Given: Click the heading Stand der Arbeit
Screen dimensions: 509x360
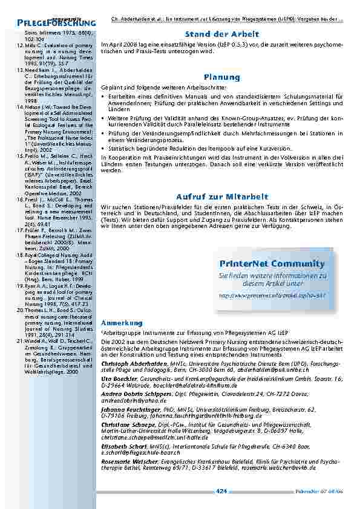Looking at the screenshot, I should pos(222,34).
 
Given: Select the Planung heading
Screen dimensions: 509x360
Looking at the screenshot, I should pos(222,77).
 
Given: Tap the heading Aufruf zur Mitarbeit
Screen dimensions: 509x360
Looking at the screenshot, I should pos(222,197).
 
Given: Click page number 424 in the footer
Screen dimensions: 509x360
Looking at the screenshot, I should pos(221,490).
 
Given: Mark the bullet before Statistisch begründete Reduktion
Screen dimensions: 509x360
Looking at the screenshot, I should pos(104,148).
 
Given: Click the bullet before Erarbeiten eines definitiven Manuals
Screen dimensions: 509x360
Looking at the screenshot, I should pos(104,96).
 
